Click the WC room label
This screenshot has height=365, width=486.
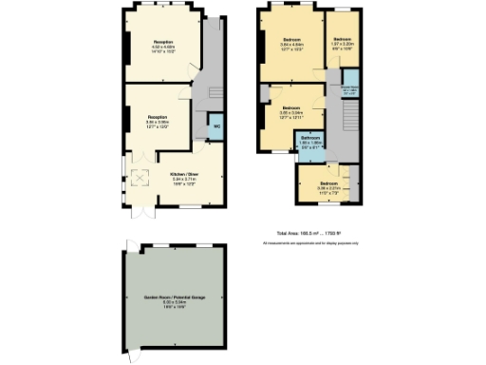point(216,125)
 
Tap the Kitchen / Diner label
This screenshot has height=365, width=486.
point(184,174)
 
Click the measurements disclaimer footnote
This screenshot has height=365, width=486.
point(308,244)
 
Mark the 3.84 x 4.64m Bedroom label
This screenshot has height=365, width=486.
point(291,45)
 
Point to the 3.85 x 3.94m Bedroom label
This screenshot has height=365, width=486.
point(291,112)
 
